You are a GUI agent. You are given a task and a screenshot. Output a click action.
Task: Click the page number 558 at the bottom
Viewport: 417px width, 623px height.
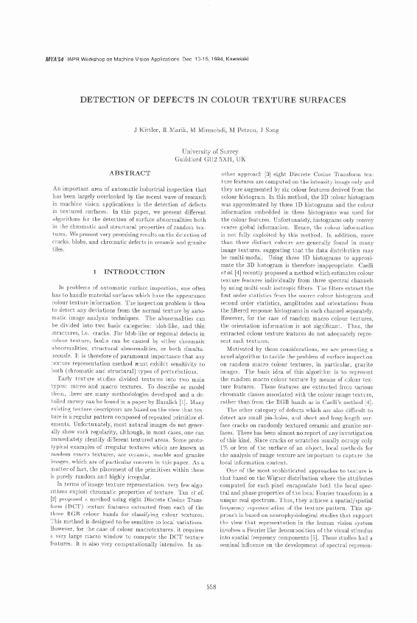click(208, 586)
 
